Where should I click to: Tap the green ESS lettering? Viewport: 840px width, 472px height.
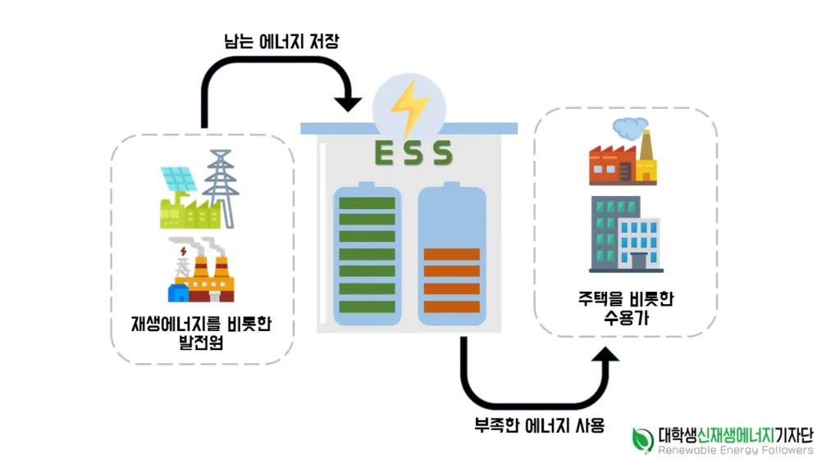tap(413, 152)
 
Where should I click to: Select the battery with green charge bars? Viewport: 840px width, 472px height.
tap(367, 254)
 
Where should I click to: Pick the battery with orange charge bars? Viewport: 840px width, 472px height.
tap(451, 256)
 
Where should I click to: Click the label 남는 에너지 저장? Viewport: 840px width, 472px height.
tap(281, 41)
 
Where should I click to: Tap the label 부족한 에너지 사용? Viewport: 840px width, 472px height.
tap(540, 425)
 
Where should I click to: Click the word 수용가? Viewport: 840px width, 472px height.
tap(624, 318)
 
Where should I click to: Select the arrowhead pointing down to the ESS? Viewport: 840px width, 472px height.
tap(349, 103)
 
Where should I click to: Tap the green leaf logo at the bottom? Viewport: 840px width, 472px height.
tap(642, 439)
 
